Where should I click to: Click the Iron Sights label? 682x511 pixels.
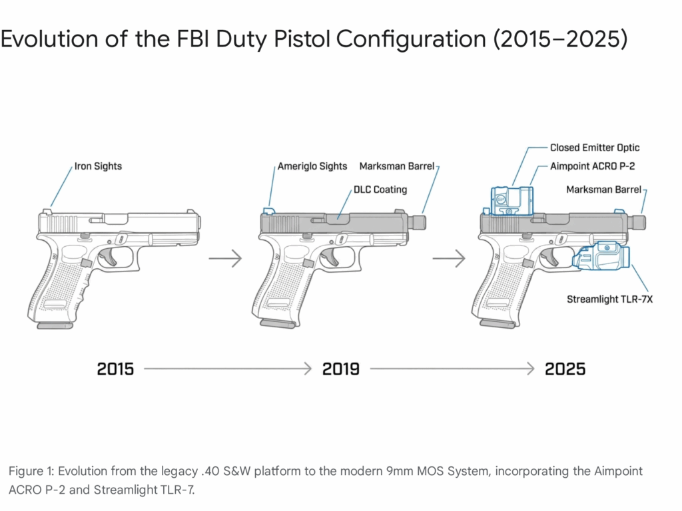pos(97,166)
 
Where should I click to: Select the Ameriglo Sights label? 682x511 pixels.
pos(313,166)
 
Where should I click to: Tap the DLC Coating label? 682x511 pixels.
pos(380,190)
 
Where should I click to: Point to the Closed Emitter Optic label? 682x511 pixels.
pos(595,148)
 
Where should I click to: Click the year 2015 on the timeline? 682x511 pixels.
pos(115,369)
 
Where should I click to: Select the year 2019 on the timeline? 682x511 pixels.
pos(341,369)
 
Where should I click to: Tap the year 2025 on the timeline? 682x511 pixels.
pos(565,369)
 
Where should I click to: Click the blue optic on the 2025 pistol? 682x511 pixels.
pos(512,200)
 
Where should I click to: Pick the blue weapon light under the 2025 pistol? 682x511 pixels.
pos(602,257)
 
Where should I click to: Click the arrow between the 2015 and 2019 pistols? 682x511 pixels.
pos(225,258)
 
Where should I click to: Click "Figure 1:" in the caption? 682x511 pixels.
pos(31,471)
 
